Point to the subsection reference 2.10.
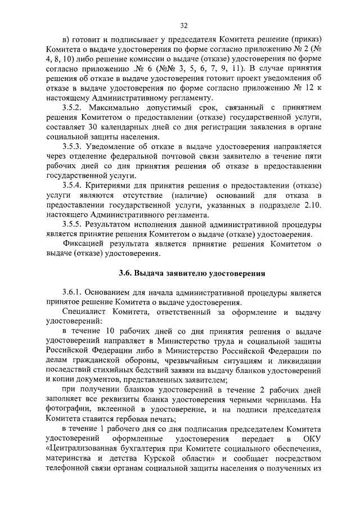[x=311, y=205]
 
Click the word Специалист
[x=86, y=312]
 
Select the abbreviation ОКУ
[x=310, y=438]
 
